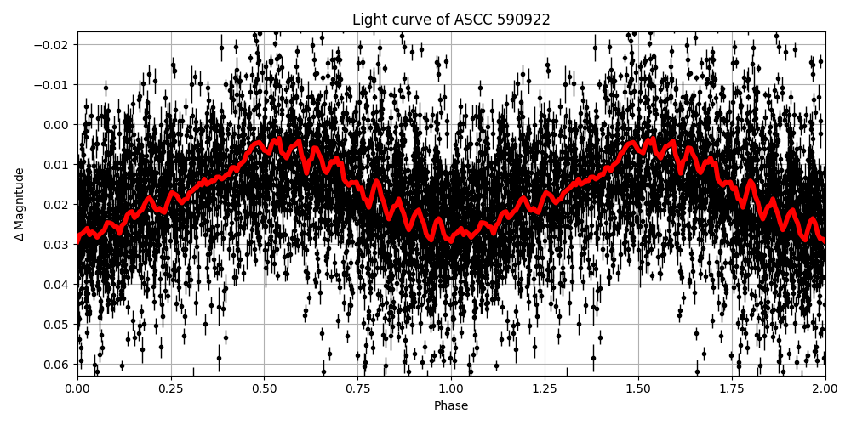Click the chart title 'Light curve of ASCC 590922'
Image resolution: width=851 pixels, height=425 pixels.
click(x=451, y=20)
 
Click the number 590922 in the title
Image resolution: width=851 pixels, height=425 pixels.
click(x=521, y=20)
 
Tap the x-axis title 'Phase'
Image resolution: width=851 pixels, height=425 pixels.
click(x=451, y=406)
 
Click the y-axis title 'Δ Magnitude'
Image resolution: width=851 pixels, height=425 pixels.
click(x=20, y=204)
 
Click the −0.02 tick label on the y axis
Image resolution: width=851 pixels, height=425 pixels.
click(x=54, y=45)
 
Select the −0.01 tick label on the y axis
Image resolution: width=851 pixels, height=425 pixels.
click(x=54, y=85)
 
